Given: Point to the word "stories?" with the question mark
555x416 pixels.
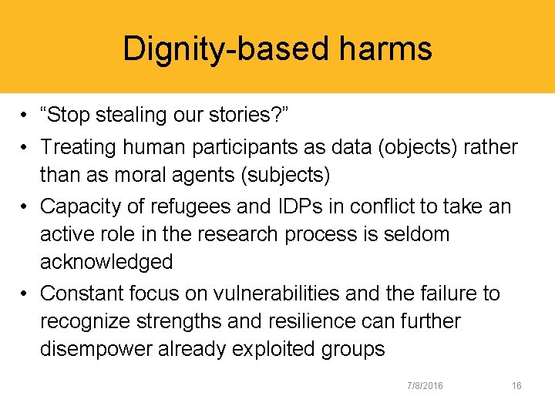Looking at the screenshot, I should pyautogui.click(x=251, y=116).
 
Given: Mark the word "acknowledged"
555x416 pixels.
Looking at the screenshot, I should pyautogui.click(x=106, y=263).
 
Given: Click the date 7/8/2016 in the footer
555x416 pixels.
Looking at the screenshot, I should pyautogui.click(x=425, y=385).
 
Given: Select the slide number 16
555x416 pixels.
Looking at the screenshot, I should pyautogui.click(x=516, y=385).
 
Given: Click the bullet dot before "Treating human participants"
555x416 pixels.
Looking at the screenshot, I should pyautogui.click(x=26, y=146).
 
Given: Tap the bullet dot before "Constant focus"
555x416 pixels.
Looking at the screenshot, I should pyautogui.click(x=26, y=293).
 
